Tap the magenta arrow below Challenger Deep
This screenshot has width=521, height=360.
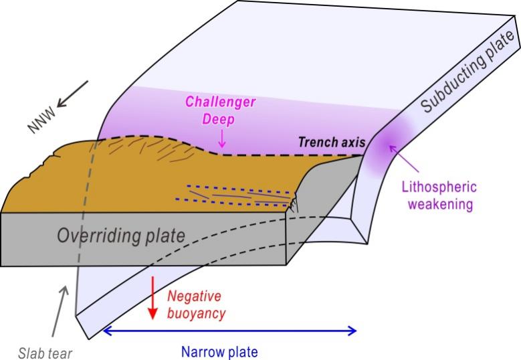222,139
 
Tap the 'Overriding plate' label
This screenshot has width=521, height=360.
120,236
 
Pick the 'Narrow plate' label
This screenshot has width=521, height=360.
219,351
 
